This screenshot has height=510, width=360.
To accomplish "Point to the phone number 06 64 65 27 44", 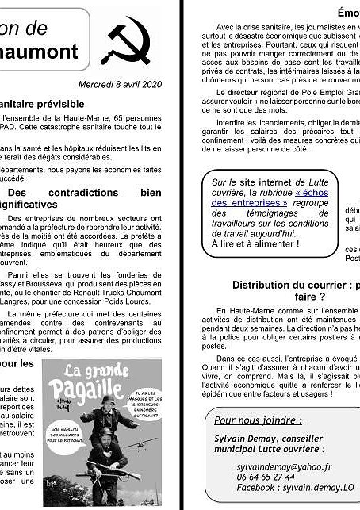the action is click(x=254, y=477).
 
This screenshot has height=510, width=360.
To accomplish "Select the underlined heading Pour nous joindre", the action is click(x=258, y=420).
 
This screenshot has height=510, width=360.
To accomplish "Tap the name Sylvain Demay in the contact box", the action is click(x=246, y=438).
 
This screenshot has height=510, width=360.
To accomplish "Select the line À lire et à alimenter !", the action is click(x=255, y=243).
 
